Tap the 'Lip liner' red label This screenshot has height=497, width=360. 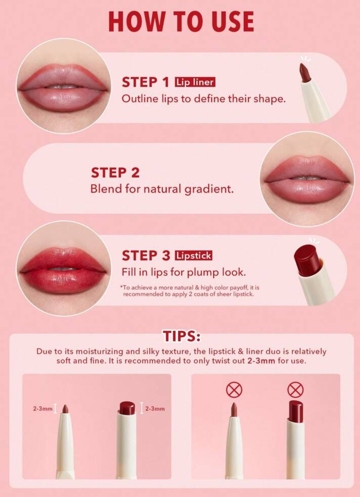(195, 82)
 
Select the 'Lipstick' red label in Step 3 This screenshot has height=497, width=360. (193, 256)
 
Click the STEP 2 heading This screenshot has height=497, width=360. (115, 173)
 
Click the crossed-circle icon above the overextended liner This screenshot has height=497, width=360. (234, 390)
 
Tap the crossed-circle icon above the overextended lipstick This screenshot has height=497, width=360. (295, 390)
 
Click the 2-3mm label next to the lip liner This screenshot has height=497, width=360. (43, 409)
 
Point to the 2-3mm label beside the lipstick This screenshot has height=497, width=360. (155, 409)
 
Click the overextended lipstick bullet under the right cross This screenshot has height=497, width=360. (296, 412)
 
